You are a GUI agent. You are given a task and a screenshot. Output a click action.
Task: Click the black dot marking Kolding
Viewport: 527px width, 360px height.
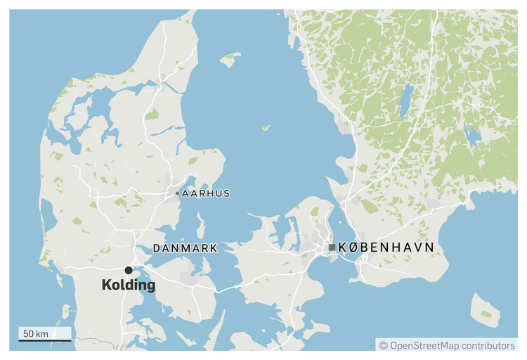click(129, 270)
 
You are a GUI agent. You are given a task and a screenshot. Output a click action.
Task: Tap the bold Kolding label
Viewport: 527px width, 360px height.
click(129, 286)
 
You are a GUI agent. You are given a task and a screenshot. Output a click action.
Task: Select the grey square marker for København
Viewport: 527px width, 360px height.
click(332, 247)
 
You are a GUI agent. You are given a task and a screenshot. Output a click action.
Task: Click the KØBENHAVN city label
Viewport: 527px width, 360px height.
click(386, 247)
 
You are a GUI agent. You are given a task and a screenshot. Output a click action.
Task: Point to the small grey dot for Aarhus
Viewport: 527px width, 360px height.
click(177, 193)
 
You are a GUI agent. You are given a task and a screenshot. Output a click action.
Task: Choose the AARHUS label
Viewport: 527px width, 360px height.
click(205, 193)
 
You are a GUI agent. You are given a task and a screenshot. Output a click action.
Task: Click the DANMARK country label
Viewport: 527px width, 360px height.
click(185, 248)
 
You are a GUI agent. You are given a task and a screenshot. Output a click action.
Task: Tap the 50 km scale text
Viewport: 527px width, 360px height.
click(35, 333)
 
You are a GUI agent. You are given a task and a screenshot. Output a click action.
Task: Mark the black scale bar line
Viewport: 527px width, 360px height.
click(44, 341)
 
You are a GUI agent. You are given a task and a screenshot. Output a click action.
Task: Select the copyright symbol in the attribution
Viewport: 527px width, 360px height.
click(384, 345)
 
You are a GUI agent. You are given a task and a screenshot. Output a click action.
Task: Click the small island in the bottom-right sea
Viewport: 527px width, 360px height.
click(485, 310)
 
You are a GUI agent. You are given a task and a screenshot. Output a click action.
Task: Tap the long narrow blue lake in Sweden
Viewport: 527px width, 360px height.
click(405, 101)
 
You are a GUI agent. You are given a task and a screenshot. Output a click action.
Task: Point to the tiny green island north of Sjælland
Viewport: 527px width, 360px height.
click(266, 128)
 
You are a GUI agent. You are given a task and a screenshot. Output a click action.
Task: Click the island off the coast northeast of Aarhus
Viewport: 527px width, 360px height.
click(229, 60)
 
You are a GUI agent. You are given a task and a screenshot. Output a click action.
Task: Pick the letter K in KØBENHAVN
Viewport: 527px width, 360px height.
click(343, 247)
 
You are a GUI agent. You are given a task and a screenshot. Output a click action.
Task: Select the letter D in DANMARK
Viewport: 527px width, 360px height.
click(157, 248)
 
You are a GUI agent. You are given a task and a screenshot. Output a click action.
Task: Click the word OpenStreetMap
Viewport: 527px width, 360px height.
click(424, 345)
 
